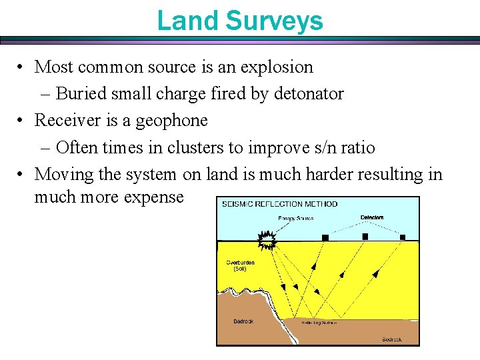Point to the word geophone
click(172, 120)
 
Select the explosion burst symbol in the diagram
click(267, 239)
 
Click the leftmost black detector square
click(325, 237)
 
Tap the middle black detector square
click(365, 237)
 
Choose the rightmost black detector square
click(403, 237)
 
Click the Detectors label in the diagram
click(372, 218)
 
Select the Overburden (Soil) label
click(240, 265)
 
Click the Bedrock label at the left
click(243, 321)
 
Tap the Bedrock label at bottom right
click(392, 339)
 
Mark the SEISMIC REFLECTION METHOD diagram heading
click(280, 204)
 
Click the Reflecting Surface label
click(319, 323)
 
